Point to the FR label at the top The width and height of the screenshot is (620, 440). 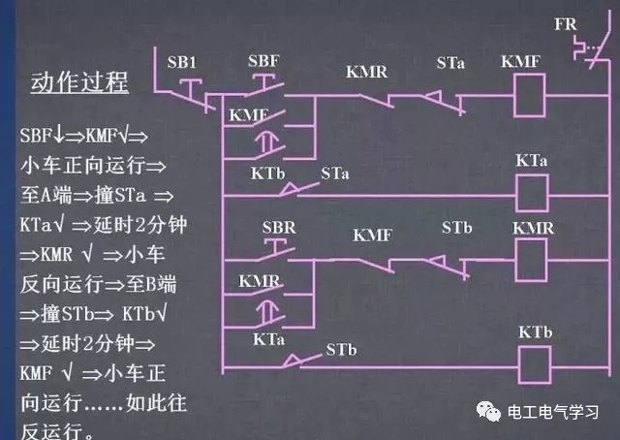click(x=565, y=21)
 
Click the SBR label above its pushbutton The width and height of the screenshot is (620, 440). click(x=280, y=228)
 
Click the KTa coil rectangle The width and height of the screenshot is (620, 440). click(x=529, y=193)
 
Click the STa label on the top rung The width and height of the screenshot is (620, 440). click(x=449, y=63)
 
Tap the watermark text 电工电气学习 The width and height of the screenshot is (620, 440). click(x=555, y=412)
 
